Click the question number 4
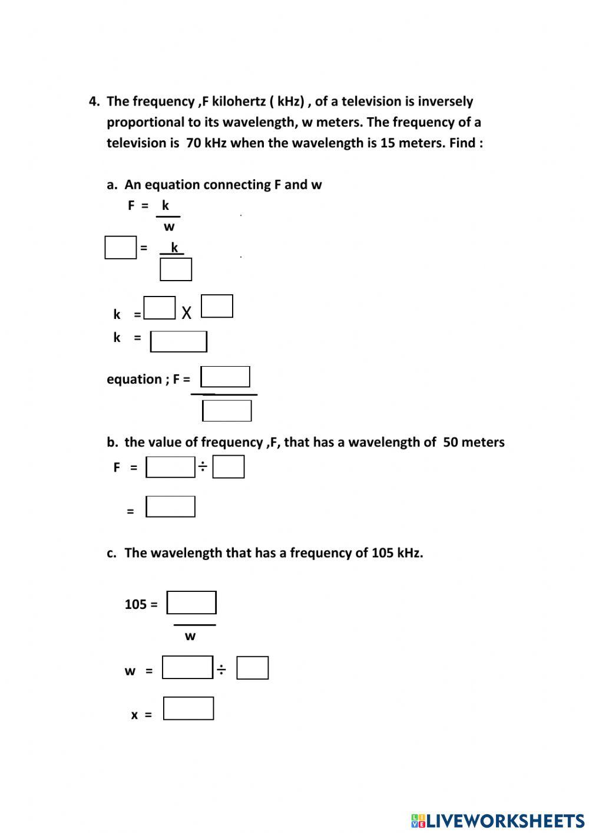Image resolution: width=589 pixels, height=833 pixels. pos(94,101)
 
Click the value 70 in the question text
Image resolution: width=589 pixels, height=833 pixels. pos(193,143)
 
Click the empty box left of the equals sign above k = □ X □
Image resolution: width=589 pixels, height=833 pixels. pos(120,248)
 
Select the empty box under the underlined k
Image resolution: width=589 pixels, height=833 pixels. pos(176,269)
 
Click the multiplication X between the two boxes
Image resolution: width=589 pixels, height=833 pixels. pos(187,312)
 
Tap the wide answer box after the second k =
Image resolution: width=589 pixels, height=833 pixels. pos(178,341)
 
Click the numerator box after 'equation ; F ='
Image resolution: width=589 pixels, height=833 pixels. pos(225,377)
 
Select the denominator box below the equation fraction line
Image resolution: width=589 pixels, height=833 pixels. pos(227,410)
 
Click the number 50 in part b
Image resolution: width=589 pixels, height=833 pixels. pos(451,442)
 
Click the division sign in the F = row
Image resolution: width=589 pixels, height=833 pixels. pos(203,467)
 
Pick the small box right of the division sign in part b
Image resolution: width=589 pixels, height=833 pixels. pos(228,467)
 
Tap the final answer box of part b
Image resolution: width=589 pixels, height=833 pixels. pos(170,506)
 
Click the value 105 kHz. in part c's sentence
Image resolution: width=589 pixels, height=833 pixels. pos(396,553)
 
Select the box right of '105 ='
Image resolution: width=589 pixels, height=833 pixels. pos(191,602)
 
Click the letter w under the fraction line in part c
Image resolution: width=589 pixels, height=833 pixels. pos(190,636)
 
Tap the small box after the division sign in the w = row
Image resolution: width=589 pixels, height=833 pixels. pos(252,668)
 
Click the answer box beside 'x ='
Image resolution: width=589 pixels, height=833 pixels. pos(188,709)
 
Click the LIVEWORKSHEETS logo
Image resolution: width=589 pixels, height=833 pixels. pos(498,820)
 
